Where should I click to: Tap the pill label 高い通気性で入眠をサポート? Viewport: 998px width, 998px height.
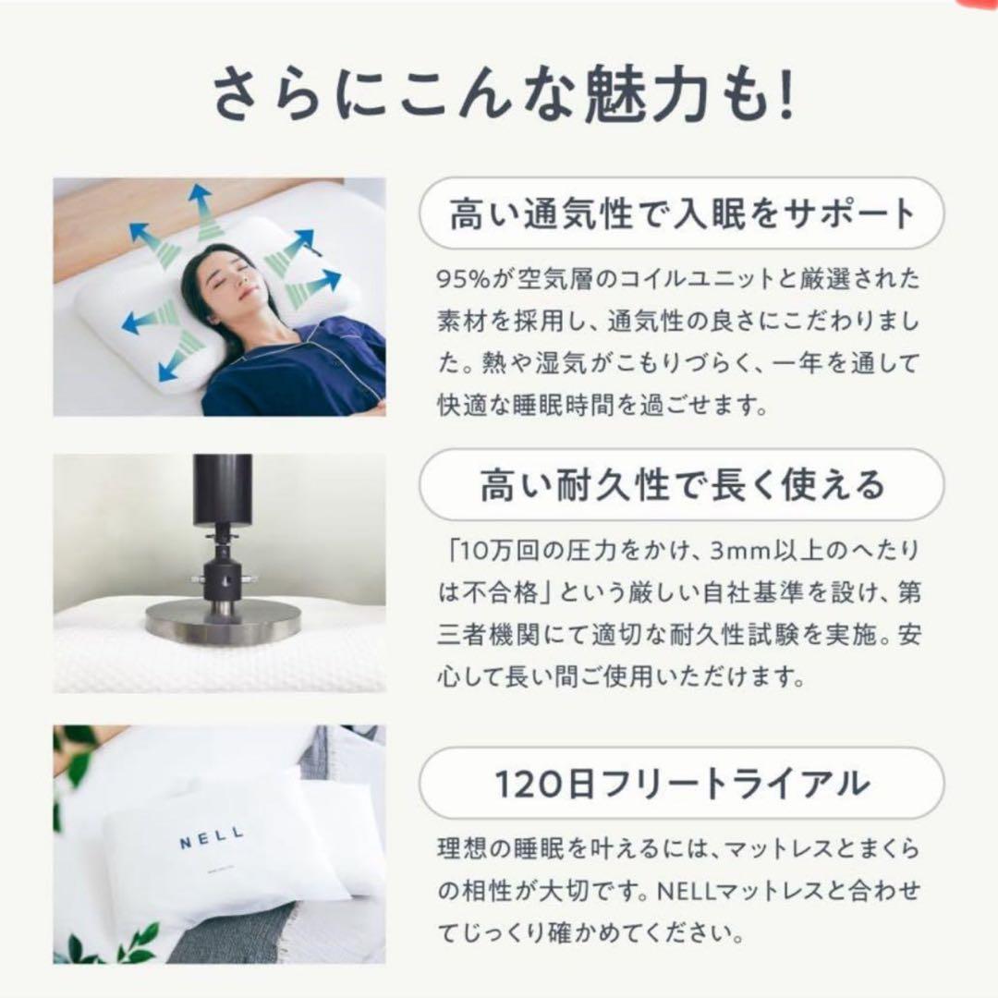(x=682, y=215)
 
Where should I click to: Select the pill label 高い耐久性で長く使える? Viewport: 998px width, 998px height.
(x=682, y=484)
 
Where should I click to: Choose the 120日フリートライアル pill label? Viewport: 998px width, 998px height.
(x=682, y=783)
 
